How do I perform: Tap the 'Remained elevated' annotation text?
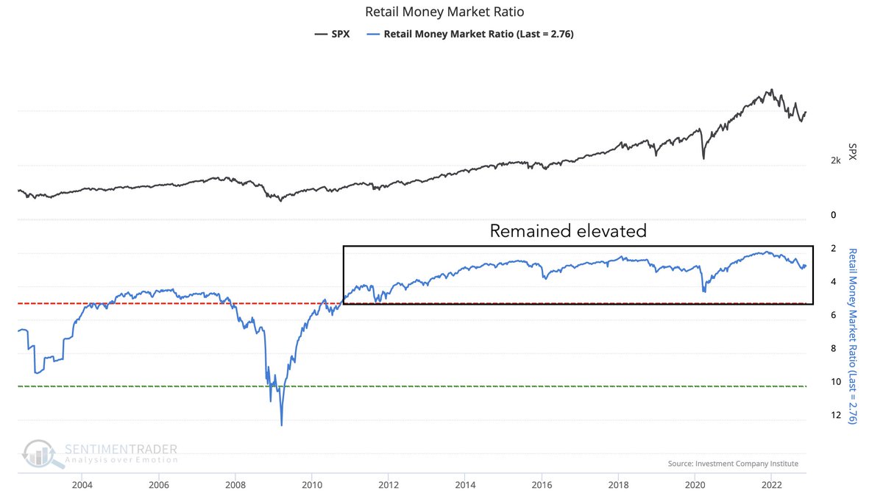click(568, 231)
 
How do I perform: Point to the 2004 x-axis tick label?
click(82, 484)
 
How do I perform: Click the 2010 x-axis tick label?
click(312, 484)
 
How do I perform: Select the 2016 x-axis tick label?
click(542, 484)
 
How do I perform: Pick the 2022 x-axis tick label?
click(771, 484)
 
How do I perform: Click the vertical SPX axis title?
click(852, 152)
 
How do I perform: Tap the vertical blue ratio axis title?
click(852, 336)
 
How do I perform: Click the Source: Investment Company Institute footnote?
click(732, 464)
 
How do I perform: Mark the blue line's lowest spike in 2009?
click(281, 425)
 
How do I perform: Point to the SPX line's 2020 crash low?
click(703, 158)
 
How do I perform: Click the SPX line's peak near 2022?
click(770, 91)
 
